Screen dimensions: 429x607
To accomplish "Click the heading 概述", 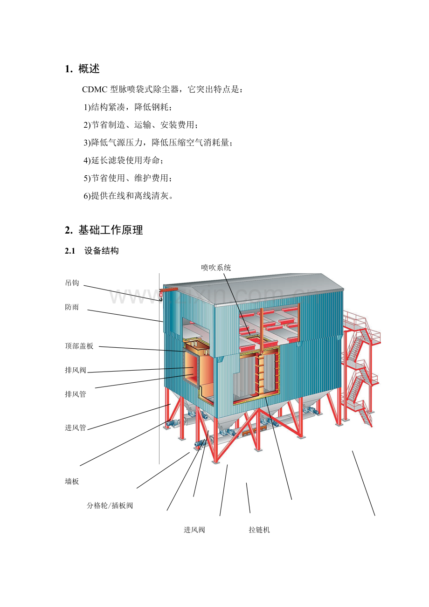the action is [x=89, y=69].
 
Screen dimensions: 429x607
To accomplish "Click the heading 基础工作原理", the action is [x=111, y=230].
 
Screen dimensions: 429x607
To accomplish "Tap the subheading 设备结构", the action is [x=101, y=251].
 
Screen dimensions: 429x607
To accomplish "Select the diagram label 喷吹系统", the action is [x=216, y=268].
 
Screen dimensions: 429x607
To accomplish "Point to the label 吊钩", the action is [x=72, y=283].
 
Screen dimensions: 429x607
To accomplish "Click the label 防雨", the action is [x=72, y=307].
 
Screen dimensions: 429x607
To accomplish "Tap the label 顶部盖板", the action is [x=79, y=346].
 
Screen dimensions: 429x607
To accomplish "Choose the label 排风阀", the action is [x=76, y=370].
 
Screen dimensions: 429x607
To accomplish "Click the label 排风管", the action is [x=76, y=394].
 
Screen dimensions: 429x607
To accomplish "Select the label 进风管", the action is [x=76, y=428].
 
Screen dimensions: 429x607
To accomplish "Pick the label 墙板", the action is [x=72, y=481].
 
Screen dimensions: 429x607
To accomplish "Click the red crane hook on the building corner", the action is [x=161, y=296].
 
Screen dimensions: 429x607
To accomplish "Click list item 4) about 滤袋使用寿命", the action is [x=124, y=160].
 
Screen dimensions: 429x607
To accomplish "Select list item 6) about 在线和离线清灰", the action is [x=128, y=196].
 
